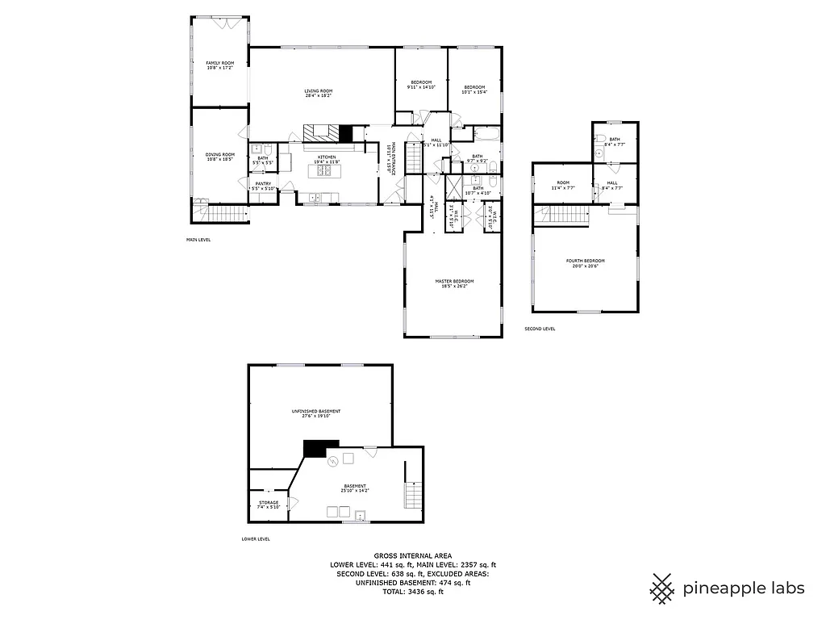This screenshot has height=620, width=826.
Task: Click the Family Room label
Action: (x=219, y=63)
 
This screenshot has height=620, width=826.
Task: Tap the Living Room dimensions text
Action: (x=318, y=96)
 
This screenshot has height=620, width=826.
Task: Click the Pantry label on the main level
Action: (x=263, y=184)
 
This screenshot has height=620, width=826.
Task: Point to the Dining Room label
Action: (x=219, y=154)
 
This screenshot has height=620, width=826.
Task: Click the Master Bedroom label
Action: (x=452, y=281)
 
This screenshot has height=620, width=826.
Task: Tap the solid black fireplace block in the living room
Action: (x=346, y=134)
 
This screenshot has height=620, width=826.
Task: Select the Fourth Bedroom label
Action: (x=585, y=261)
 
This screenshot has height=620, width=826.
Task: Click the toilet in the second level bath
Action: (x=599, y=152)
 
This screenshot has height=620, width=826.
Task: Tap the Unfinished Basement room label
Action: (x=315, y=412)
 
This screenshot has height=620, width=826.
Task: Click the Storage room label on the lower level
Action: (x=269, y=503)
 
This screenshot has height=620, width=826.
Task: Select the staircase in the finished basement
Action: (x=413, y=492)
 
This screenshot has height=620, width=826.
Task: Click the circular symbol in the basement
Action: (x=332, y=461)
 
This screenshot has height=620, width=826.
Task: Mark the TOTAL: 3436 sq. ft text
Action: (x=412, y=591)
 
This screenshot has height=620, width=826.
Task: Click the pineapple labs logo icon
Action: (x=663, y=588)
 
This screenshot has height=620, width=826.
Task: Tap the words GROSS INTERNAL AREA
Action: (x=412, y=555)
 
